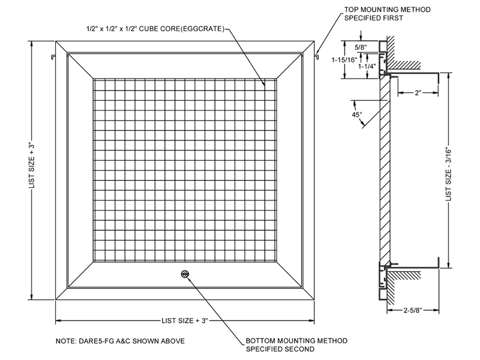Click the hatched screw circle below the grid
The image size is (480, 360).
click(185, 274)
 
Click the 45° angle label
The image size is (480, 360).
click(356, 115)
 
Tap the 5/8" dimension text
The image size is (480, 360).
click(361, 47)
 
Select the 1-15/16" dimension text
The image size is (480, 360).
click(344, 60)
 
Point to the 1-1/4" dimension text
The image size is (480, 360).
click(367, 67)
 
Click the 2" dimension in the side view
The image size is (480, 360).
click(418, 93)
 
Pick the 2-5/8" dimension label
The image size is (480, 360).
click(413, 310)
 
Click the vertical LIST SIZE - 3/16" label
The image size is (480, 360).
click(448, 175)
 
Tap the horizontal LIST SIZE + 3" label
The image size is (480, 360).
click(185, 320)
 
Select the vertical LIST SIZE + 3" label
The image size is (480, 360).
click(32, 166)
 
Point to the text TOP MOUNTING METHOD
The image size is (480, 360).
click(387, 10)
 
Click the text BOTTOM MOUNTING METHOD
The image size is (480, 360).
click(296, 341)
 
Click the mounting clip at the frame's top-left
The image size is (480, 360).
click(53, 56)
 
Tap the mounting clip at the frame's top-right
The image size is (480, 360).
click(316, 56)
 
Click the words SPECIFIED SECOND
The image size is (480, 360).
click(280, 349)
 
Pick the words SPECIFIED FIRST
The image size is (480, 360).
click(373, 18)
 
